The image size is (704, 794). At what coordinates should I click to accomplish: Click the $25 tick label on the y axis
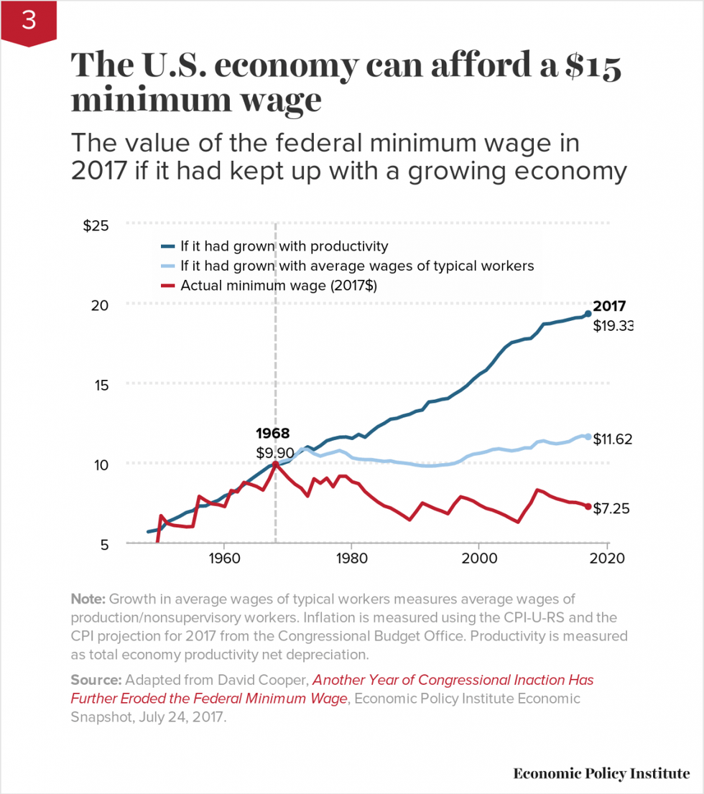tap(96, 225)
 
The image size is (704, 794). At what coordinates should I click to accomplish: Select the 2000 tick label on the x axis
tap(479, 559)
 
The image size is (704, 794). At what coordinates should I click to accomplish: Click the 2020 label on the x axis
tap(607, 559)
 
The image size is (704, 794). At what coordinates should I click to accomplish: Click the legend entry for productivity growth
tap(284, 246)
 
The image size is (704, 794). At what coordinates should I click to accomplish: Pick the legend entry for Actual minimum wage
tap(279, 285)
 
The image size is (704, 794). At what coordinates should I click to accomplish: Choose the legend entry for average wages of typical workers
tap(357, 266)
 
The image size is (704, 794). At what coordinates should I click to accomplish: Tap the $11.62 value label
tap(612, 439)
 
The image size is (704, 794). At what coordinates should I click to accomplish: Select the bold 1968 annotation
tap(272, 434)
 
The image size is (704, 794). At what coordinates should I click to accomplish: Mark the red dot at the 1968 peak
tap(275, 464)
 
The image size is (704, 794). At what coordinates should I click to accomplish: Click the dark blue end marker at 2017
tap(588, 314)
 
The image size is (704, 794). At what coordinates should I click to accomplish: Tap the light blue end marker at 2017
tap(588, 436)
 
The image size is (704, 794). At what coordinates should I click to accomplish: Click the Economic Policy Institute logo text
tap(601, 773)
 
